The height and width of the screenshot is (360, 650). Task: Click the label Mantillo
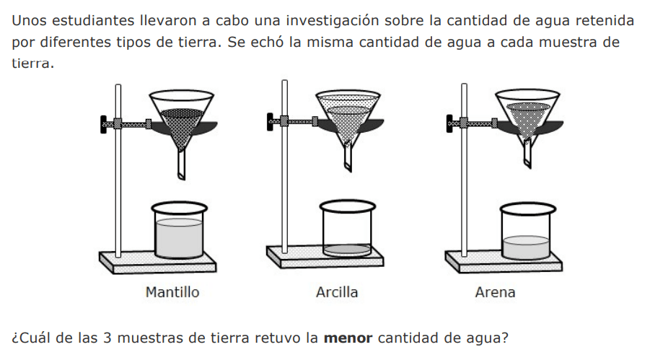click(172, 292)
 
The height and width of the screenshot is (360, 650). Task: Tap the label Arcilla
click(337, 292)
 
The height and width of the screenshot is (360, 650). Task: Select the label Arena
click(495, 292)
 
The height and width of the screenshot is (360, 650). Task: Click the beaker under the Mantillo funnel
click(179, 230)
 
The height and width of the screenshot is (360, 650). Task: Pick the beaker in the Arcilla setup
click(348, 228)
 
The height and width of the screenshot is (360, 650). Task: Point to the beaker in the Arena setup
click(527, 231)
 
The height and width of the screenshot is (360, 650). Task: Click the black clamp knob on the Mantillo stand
click(103, 124)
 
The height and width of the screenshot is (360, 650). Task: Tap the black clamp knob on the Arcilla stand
click(270, 122)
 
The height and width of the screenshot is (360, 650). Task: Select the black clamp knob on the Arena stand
click(449, 123)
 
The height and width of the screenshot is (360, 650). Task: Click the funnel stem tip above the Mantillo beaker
click(182, 177)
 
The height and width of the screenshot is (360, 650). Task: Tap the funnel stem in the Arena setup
click(527, 154)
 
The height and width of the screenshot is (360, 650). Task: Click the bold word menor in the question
click(348, 338)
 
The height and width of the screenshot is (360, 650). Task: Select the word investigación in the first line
click(333, 21)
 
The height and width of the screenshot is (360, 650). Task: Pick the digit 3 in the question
click(107, 338)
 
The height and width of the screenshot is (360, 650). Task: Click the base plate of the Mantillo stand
click(157, 262)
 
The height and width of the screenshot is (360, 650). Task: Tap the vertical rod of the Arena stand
click(465, 170)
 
